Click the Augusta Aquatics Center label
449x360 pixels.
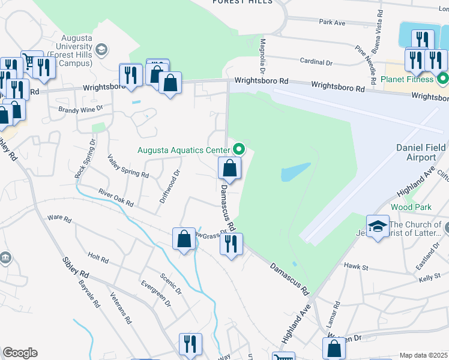(x=183, y=149)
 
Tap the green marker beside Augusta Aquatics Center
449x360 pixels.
(x=240, y=149)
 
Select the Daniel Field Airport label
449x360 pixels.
(x=424, y=152)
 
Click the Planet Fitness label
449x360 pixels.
(x=407, y=79)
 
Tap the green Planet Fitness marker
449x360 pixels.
(x=443, y=79)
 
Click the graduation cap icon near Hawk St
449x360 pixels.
(x=378, y=226)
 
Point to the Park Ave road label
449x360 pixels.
(x=332, y=22)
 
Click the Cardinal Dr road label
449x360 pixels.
(x=318, y=62)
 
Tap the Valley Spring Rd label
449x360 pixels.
(x=128, y=166)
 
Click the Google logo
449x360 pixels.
(x=20, y=353)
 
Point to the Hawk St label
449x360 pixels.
(x=356, y=265)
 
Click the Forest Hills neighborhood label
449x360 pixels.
(x=242, y=2)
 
